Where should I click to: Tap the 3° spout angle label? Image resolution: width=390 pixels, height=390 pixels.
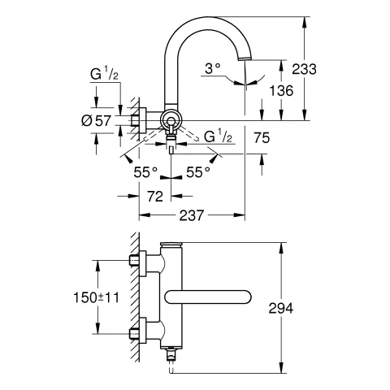coord(212,70)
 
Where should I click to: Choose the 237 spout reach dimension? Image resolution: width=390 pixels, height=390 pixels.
coord(193,215)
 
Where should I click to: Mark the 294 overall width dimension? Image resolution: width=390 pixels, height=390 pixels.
coord(301,309)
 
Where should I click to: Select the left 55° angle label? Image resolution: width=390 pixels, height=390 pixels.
coord(146,172)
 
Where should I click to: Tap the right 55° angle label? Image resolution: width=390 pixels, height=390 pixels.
coord(197,172)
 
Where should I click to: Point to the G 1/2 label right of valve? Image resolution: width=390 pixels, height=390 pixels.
coord(219,135)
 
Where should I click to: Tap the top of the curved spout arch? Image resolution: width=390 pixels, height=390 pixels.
coord(207,18)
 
